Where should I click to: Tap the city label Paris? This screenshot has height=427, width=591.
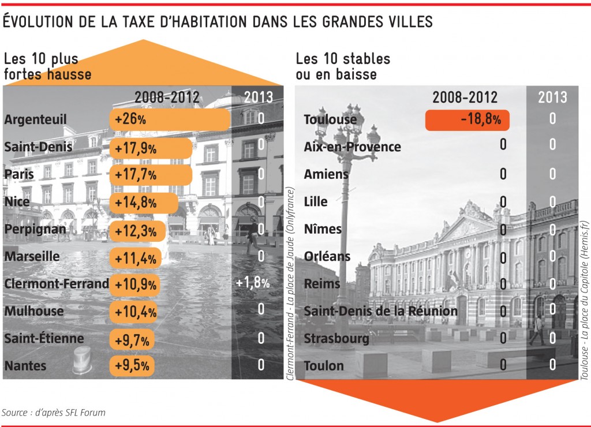pos(19,174)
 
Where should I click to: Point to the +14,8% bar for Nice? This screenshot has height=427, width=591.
pos(143,202)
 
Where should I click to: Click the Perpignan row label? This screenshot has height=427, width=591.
pos(34,229)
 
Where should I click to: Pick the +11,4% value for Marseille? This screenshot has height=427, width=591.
pos(135,257)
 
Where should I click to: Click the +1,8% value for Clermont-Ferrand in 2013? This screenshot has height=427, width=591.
pos(253,283)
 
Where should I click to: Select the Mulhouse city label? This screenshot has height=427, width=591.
pos(33,311)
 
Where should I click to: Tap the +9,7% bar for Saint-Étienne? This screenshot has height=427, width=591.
pos(132,339)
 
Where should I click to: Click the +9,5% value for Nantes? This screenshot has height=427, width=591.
pos(132,365)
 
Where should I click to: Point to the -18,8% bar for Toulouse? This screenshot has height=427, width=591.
pos(467,120)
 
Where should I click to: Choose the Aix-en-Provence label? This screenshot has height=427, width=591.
pos(352,147)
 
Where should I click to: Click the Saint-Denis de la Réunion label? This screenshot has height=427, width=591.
pos(380,312)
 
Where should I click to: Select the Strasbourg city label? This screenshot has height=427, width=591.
pos(336,339)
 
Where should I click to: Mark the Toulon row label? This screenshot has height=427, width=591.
pos(323,366)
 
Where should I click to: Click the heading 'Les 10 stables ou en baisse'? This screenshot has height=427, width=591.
pos(343,66)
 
